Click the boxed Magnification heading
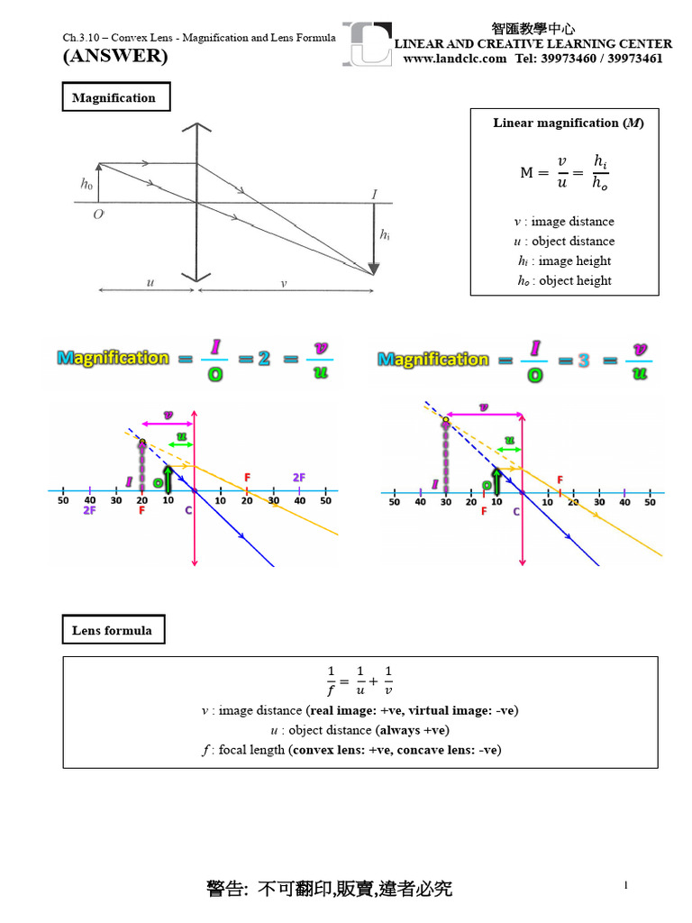click(114, 97)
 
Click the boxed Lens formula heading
click(112, 630)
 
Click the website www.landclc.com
click(454, 59)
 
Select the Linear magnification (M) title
click(569, 123)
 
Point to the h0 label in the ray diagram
click(86, 183)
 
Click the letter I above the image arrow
click(374, 194)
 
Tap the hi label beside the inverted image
click(385, 234)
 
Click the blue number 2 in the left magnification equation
click(264, 358)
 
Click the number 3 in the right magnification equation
click(584, 359)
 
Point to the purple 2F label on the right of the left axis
click(299, 477)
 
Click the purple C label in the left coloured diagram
click(188, 510)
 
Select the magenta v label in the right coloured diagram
click(484, 407)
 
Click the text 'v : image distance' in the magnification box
click(563, 221)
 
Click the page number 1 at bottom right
click(625, 886)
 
